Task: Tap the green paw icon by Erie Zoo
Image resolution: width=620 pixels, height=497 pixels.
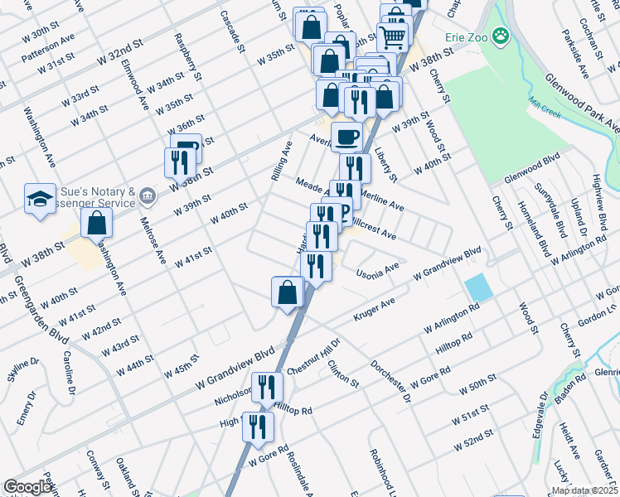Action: [x=500, y=36]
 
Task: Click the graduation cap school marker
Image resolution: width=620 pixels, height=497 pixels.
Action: [x=39, y=199]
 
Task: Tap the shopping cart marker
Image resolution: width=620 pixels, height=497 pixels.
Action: [x=392, y=36]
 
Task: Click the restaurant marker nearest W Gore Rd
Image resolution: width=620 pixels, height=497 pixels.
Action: [x=259, y=427]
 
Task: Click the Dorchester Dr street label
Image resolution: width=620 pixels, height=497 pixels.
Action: [x=390, y=380]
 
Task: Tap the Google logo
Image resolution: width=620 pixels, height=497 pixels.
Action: [x=28, y=487]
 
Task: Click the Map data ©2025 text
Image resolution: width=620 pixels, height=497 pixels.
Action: [x=584, y=490]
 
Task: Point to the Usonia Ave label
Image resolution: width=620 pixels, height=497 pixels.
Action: [x=377, y=269]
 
